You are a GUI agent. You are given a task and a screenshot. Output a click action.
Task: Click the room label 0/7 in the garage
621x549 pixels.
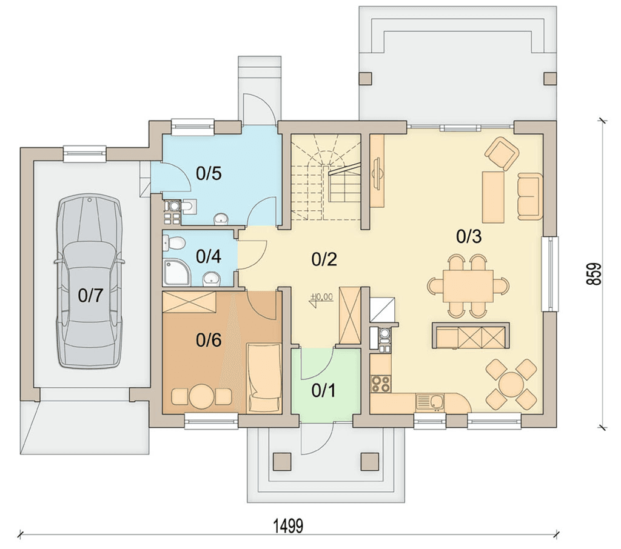click(90, 295)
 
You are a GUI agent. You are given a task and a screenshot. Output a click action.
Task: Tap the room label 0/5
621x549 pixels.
click(209, 173)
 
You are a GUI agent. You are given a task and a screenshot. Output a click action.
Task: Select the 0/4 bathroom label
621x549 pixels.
click(209, 256)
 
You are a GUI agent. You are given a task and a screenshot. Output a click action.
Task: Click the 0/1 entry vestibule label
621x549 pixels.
click(324, 390)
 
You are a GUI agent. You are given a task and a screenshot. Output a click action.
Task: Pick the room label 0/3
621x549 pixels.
click(469, 236)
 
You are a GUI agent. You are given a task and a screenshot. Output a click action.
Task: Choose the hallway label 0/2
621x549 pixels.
click(324, 259)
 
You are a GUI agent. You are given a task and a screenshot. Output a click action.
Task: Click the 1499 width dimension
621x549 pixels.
click(288, 526)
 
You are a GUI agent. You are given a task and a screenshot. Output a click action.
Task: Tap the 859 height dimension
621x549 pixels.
click(594, 274)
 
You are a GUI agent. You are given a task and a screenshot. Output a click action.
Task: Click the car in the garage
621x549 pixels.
click(90, 281)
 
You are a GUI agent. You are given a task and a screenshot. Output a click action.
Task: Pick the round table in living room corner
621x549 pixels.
click(511, 384)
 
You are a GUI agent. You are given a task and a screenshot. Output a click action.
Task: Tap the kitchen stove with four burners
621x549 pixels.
click(381, 384)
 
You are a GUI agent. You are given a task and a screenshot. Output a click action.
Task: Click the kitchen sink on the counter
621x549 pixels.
click(430, 402)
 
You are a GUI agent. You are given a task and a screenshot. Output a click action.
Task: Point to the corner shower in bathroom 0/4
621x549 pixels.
click(177, 272)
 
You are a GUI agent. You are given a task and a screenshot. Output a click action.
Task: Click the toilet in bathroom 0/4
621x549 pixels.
click(174, 242)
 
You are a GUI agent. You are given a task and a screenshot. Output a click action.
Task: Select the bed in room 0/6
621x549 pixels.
click(264, 378)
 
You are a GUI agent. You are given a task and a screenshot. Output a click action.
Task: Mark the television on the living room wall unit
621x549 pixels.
click(377, 173)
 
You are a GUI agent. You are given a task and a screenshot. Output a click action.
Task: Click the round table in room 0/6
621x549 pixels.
click(201, 396)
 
